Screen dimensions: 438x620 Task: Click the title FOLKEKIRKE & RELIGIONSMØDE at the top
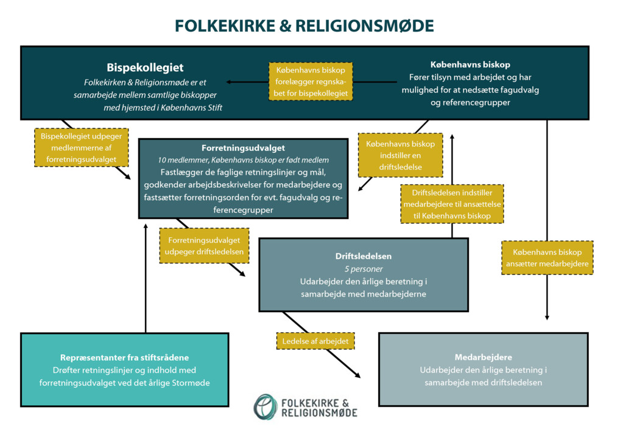(x=305, y=26)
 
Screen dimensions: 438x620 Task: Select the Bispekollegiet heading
(x=145, y=67)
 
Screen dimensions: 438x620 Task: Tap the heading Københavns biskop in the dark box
(x=470, y=64)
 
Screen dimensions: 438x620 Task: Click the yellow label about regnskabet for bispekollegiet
(x=311, y=82)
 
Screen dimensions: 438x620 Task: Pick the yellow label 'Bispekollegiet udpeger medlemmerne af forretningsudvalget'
(x=81, y=148)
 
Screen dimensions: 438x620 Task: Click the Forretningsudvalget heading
(x=243, y=148)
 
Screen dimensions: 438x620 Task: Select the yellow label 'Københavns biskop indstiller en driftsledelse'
(x=400, y=155)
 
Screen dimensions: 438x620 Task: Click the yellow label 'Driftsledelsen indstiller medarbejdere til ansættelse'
(x=452, y=204)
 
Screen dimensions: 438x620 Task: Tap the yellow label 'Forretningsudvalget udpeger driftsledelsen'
(x=204, y=246)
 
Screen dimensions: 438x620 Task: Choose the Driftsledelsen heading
(x=363, y=256)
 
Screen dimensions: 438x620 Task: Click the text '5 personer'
(x=363, y=268)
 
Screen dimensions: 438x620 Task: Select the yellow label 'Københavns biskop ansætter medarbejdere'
(x=547, y=258)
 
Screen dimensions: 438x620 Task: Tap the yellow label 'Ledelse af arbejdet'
(x=315, y=341)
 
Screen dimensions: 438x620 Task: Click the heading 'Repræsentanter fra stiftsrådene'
(x=124, y=357)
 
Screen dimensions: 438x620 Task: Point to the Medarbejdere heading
(x=483, y=357)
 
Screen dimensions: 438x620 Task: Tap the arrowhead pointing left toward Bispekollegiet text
(x=228, y=82)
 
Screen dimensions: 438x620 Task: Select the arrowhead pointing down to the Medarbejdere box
(x=547, y=316)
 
